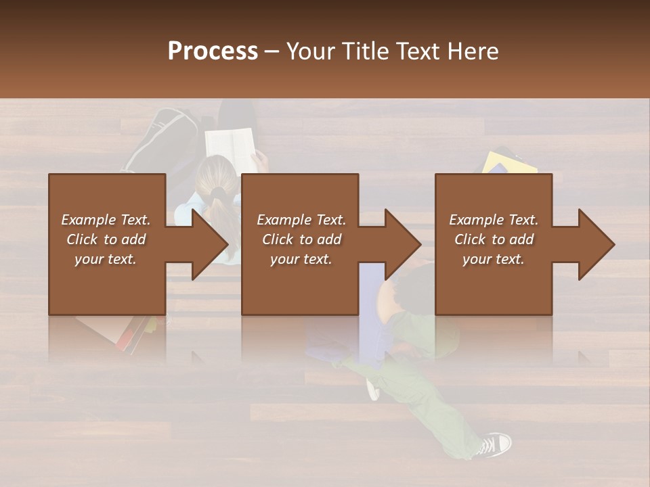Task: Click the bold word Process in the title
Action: [x=213, y=51]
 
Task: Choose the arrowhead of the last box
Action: [x=595, y=244]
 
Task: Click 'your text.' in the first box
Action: [x=106, y=259]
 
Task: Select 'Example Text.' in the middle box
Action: [x=301, y=220]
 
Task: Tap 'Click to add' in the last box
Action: [x=494, y=239]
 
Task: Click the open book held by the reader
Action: [x=230, y=143]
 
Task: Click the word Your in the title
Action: [x=310, y=51]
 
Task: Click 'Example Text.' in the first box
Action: [x=106, y=220]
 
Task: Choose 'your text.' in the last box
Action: [x=494, y=259]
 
